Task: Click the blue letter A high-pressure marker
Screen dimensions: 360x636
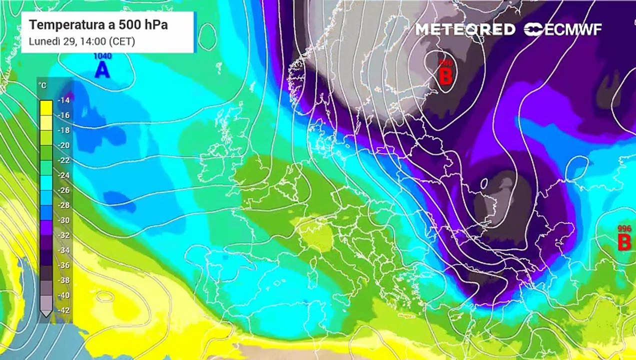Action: click(102, 70)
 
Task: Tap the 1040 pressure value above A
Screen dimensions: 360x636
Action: click(103, 56)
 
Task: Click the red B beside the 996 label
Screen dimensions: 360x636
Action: click(624, 242)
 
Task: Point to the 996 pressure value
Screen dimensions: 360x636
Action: click(624, 228)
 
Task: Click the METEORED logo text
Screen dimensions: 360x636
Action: click(465, 29)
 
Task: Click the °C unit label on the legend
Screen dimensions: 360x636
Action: click(43, 85)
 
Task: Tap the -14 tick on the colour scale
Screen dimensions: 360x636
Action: click(63, 100)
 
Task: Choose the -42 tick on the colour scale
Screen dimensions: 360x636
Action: click(63, 310)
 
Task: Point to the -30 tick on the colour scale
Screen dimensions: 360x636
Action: click(63, 220)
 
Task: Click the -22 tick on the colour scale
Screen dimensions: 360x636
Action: click(63, 160)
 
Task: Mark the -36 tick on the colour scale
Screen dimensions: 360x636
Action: click(63, 265)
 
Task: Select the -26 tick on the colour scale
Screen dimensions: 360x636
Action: click(63, 190)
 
